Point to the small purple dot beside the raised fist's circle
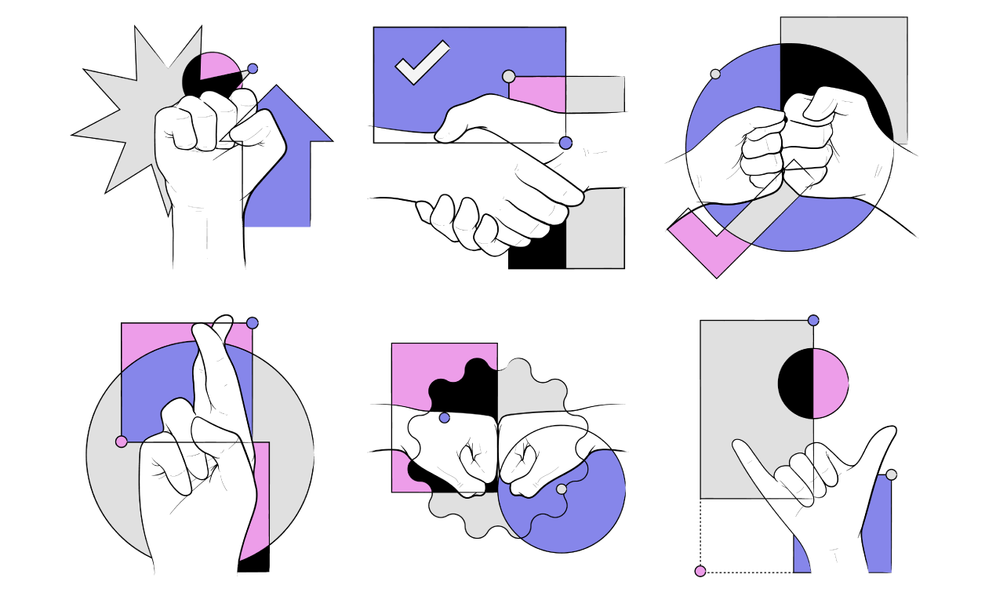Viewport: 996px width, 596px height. click(252, 68)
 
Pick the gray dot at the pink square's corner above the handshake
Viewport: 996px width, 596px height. click(508, 76)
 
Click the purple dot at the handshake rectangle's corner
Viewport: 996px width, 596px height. click(565, 143)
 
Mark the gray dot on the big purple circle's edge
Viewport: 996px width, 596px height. click(715, 74)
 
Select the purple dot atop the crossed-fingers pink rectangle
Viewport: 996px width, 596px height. click(252, 323)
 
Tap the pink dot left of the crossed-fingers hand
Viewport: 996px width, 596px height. click(121, 442)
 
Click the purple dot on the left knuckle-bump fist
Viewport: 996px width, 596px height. click(445, 418)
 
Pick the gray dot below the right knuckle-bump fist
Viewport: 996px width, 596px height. click(562, 489)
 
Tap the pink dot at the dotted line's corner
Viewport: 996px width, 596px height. click(700, 571)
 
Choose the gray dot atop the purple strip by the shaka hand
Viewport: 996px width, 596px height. click(891, 474)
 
